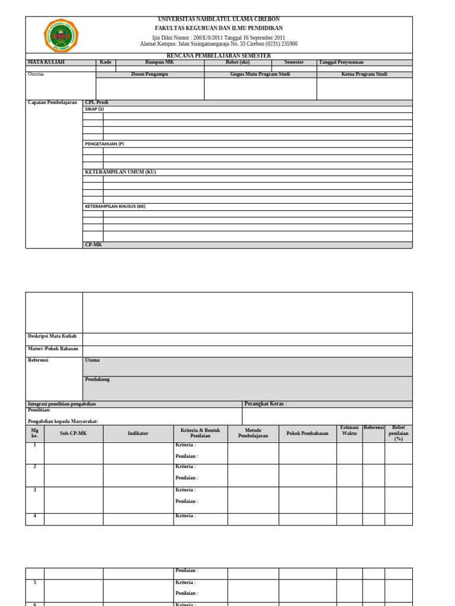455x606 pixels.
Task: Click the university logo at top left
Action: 61,36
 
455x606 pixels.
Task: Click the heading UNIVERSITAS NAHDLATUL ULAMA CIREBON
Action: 219,20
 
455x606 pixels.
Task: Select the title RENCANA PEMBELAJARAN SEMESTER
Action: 219,56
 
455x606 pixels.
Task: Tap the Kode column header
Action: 105,62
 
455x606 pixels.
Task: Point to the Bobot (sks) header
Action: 238,62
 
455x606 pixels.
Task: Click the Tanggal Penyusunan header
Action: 341,62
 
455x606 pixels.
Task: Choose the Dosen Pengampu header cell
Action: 150,75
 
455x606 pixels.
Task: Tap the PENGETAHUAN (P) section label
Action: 104,144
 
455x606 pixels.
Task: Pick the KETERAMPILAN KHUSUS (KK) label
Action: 115,207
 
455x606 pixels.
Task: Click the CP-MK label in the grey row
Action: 94,244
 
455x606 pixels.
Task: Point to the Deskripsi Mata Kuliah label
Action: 52,336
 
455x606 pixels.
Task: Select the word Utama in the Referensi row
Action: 92,360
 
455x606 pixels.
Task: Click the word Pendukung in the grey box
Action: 97,379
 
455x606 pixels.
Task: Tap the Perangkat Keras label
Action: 265,404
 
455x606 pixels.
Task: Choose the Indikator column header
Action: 138,433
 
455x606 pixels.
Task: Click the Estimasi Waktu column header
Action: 350,431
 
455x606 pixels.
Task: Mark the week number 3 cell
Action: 35,490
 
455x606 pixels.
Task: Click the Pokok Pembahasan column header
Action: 307,433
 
